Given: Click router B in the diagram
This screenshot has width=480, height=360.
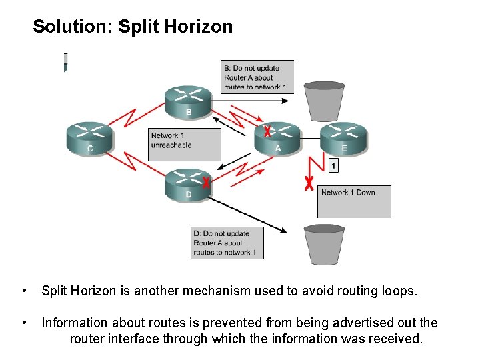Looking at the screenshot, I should (x=188, y=102).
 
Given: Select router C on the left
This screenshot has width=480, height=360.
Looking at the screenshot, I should (x=89, y=139).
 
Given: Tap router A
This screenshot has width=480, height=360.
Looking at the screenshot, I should (x=277, y=139).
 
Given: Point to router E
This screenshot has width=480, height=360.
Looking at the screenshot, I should (x=344, y=139).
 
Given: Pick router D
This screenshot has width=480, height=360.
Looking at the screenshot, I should (x=188, y=184).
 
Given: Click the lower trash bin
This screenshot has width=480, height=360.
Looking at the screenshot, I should (x=324, y=244).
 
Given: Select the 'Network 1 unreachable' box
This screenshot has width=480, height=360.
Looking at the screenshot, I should (x=184, y=143).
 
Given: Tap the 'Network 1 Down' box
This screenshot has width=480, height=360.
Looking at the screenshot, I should (x=354, y=201).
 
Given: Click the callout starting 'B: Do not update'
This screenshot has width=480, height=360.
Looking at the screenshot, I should (x=257, y=77).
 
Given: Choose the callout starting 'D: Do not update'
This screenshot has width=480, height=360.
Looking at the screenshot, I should (x=227, y=243).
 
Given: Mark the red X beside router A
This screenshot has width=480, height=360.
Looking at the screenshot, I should (x=267, y=130).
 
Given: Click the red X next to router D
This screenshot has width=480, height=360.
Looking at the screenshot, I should (x=207, y=182).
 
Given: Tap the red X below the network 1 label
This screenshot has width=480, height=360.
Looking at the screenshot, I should (x=309, y=183).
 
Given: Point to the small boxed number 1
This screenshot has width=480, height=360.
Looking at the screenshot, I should (x=333, y=165).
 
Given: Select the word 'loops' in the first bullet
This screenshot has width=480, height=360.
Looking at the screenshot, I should (x=399, y=291).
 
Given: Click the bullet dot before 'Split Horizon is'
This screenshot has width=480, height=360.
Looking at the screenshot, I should (x=24, y=291).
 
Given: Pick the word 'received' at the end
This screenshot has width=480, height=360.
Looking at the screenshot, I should (x=393, y=339).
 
